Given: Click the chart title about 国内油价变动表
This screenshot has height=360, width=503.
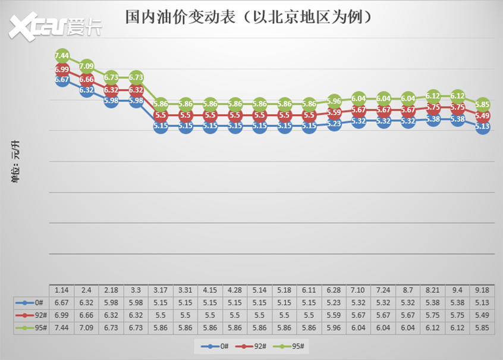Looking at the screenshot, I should point(250,16).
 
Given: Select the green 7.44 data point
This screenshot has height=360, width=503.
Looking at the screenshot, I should point(62,56).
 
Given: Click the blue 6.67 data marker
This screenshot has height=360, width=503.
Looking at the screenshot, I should point(62,79).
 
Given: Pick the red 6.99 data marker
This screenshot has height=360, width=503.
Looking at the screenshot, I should point(62,70).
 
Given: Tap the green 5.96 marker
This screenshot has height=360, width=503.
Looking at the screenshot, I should point(334,101).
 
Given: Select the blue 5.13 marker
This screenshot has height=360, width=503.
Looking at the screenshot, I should point(482,126).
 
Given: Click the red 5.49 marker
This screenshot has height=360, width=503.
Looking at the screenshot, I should point(482,116).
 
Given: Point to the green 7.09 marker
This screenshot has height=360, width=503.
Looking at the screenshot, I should point(87,66).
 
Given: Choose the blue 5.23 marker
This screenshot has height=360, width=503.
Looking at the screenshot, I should point(334,124).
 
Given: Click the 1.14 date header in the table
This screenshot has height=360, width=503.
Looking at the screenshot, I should point(61,290).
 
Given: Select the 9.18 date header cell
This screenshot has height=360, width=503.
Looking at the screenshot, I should point(482,290).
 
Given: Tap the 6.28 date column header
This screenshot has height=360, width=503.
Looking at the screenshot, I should point(334,290).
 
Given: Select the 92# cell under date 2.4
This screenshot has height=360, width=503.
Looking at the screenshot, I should point(86,314).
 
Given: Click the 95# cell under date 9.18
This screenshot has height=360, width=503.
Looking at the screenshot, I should point(482,327).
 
